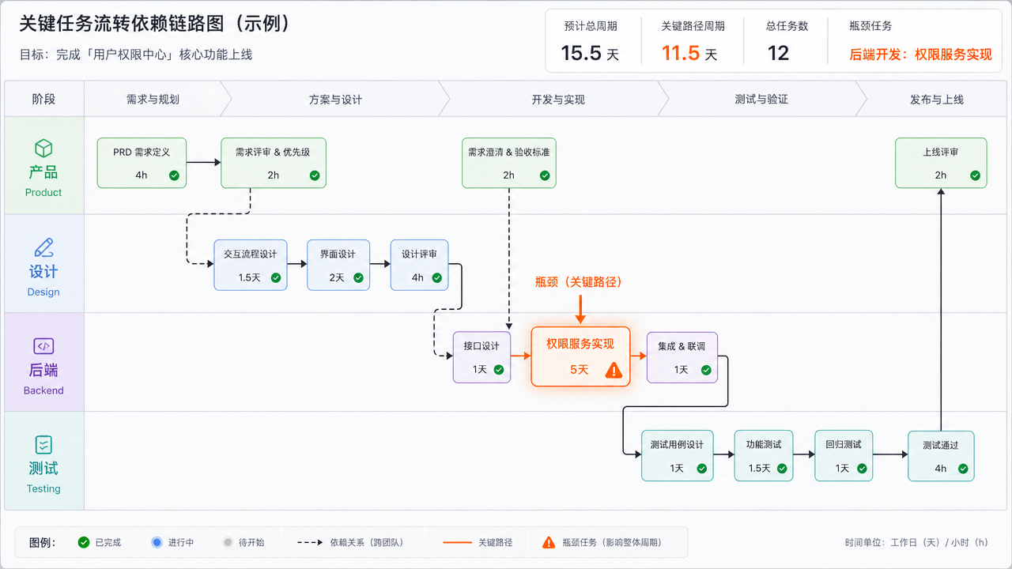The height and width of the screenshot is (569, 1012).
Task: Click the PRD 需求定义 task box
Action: coord(142,163)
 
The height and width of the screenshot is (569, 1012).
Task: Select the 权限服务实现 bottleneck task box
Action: coord(580,356)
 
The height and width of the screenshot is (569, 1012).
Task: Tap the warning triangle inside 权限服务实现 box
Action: coord(614,371)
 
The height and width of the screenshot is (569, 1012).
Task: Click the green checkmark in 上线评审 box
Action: coord(976,175)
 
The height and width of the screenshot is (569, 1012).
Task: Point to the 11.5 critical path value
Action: coord(681,53)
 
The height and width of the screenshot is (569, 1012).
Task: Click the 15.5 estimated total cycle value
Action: coord(581,53)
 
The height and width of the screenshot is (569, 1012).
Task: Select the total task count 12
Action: coord(778,53)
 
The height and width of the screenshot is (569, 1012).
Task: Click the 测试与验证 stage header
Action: coord(761,100)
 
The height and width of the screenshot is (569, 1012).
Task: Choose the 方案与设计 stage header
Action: coord(335,100)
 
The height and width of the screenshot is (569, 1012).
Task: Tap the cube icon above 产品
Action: coord(43,148)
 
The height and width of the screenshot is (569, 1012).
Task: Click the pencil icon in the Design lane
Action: coord(43,247)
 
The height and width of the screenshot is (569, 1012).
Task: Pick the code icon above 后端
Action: coord(43,346)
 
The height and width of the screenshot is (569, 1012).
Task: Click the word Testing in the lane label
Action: coord(43,488)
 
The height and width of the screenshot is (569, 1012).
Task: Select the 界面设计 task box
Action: coord(338,265)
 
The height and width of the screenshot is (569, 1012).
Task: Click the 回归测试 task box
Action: coord(844,456)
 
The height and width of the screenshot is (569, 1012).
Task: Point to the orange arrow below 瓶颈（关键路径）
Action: coord(580,309)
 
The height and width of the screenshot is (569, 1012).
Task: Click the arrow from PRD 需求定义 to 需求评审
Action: coord(204,162)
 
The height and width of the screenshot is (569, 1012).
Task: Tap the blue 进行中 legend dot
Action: coord(157,542)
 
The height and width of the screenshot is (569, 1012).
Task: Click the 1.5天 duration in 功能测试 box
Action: coord(760,469)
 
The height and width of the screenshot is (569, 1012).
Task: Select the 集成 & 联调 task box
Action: coord(682,358)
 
